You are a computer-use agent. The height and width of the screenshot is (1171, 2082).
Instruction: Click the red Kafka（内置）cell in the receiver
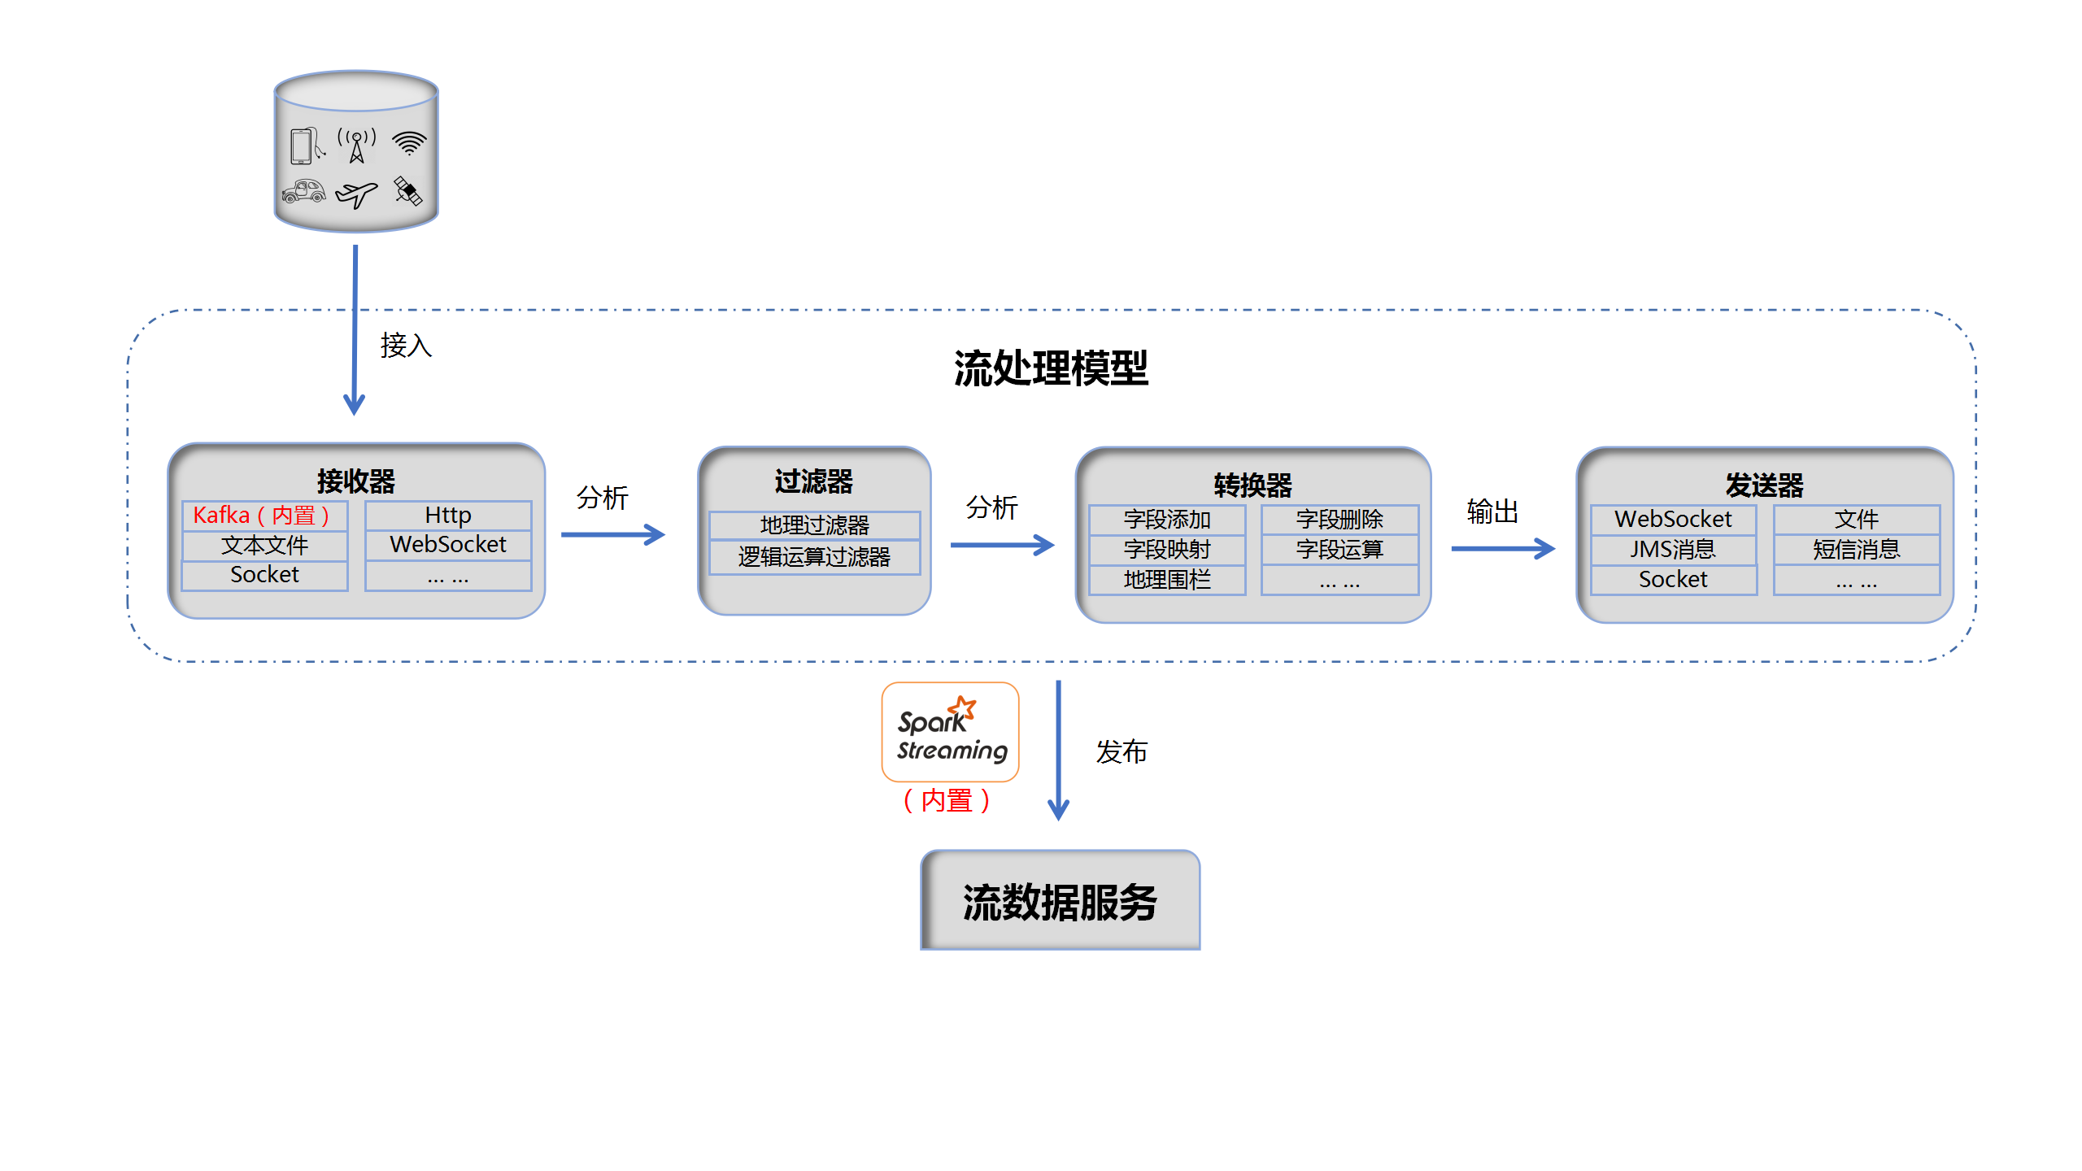click(x=264, y=516)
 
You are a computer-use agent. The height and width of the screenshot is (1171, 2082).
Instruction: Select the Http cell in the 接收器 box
click(x=447, y=516)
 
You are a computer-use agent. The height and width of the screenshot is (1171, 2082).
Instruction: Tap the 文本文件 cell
click(x=264, y=546)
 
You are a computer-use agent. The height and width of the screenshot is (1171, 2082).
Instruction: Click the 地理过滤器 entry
click(x=814, y=525)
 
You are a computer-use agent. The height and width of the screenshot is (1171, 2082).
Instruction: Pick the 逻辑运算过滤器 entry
click(x=814, y=557)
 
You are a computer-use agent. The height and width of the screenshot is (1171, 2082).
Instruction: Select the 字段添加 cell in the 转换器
click(x=1166, y=520)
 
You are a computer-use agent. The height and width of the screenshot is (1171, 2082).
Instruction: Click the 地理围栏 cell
click(x=1166, y=580)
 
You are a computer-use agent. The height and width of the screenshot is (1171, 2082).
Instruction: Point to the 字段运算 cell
click(x=1339, y=550)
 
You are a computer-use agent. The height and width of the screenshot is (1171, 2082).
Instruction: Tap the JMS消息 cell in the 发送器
click(x=1673, y=550)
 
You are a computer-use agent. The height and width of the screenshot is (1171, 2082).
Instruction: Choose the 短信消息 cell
click(x=1856, y=550)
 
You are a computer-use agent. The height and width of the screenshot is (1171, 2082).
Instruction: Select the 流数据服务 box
click(x=1060, y=901)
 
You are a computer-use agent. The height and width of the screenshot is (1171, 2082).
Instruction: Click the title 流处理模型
click(x=1050, y=368)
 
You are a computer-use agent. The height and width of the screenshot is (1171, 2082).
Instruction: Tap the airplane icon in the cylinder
click(x=356, y=194)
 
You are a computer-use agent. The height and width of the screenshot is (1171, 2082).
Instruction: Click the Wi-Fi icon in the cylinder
click(x=408, y=143)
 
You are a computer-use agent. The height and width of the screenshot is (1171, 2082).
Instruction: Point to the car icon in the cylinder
click(x=303, y=192)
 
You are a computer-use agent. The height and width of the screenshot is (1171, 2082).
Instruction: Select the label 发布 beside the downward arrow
click(x=1121, y=752)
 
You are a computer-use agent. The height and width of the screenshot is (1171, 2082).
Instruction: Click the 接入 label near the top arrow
click(x=405, y=346)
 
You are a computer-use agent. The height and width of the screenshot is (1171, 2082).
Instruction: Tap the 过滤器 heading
click(x=813, y=481)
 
